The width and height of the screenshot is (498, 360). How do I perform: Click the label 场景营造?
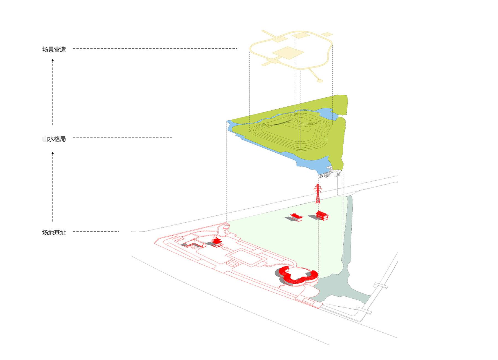[54, 49]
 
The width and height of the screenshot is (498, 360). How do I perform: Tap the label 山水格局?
[54, 139]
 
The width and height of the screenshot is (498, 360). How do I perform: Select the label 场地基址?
[54, 233]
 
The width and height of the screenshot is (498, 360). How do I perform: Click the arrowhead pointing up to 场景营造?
[53, 60]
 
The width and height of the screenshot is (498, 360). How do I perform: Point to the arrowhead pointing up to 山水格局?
[53, 153]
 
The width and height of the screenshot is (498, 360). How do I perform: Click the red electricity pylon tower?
[318, 194]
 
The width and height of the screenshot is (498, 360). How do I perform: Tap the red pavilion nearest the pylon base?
[322, 215]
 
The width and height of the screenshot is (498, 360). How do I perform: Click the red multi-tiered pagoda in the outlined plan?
[217, 242]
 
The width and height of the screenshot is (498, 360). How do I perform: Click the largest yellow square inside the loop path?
[288, 53]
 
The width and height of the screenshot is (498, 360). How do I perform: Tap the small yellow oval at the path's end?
[320, 81]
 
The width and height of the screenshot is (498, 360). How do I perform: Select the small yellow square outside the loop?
[327, 35]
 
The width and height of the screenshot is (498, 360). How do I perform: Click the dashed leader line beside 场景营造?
[155, 49]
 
